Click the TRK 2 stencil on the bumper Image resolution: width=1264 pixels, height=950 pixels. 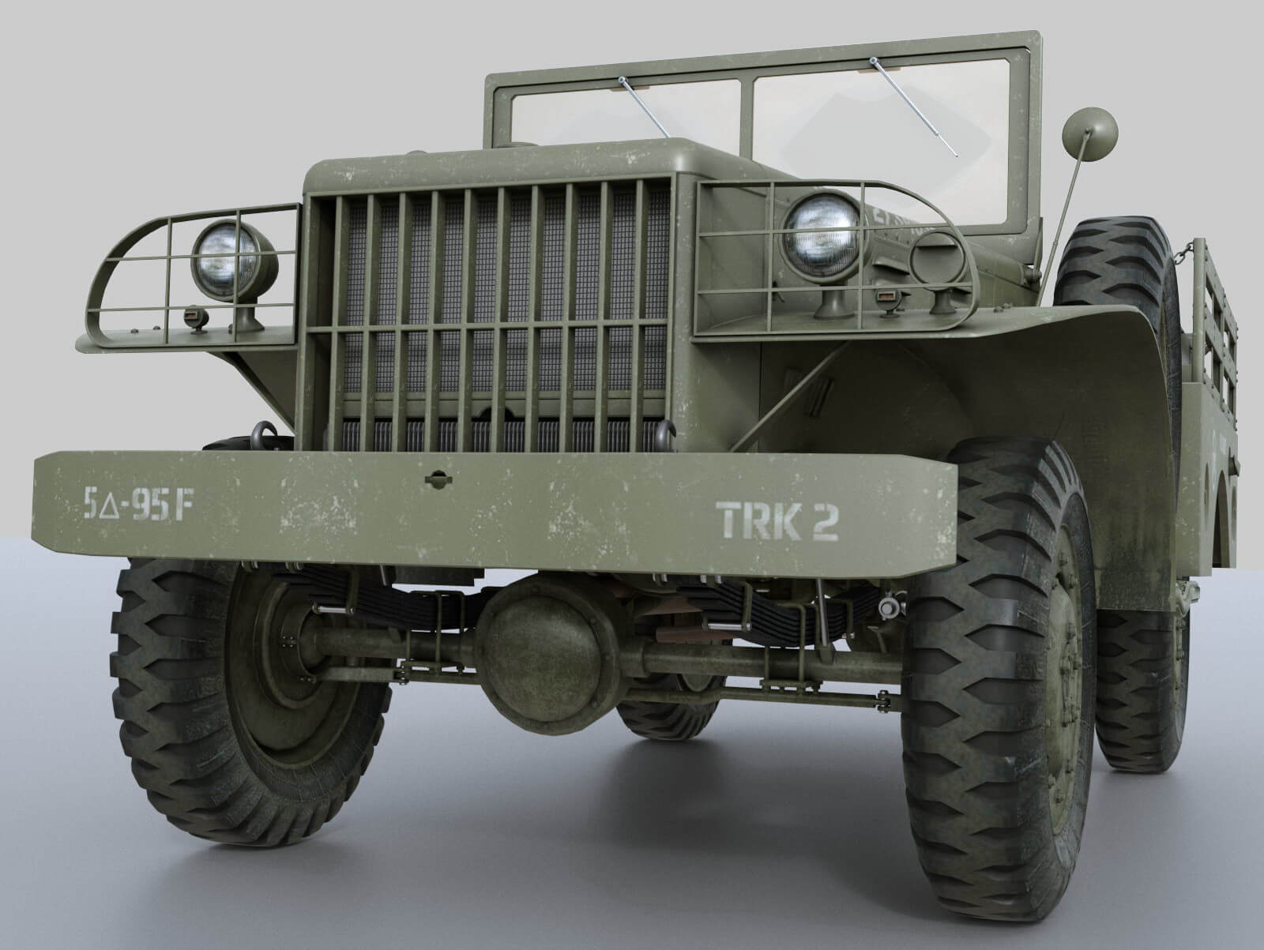point(777,521)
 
